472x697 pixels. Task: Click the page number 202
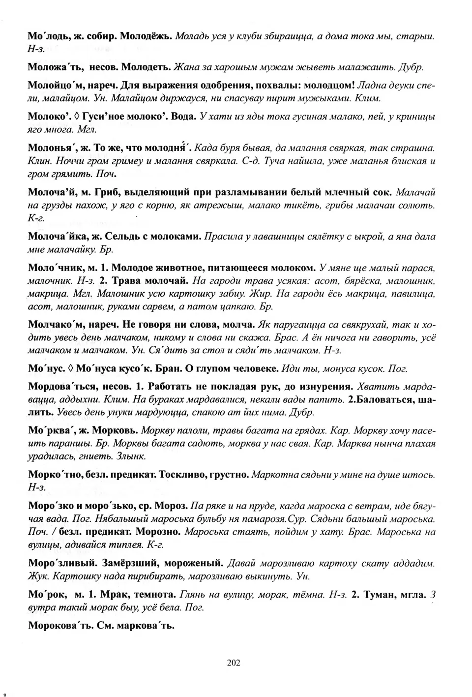point(234,663)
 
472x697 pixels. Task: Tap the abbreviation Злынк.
point(131,456)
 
